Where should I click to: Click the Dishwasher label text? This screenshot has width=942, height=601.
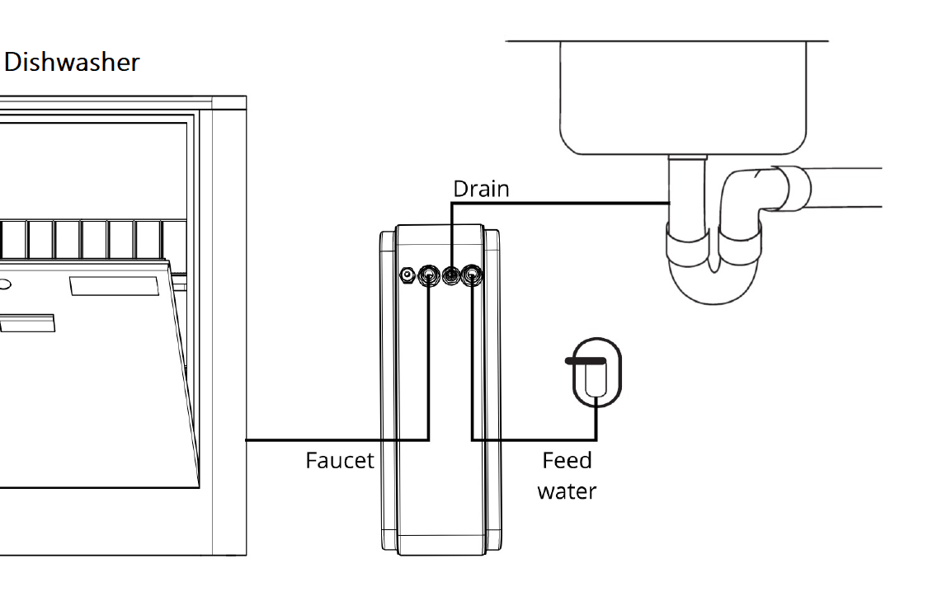[72, 63]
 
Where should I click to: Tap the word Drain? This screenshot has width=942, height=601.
[481, 189]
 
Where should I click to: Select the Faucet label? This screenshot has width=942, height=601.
[339, 461]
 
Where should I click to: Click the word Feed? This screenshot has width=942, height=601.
[567, 461]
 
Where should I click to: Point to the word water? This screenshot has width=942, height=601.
[567, 491]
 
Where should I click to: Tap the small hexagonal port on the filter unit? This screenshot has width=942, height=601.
[407, 275]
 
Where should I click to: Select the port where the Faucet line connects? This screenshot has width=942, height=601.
[428, 275]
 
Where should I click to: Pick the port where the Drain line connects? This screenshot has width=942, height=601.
[451, 275]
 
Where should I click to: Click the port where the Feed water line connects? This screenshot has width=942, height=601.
[473, 275]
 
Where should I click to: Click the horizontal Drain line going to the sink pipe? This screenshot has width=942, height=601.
[561, 204]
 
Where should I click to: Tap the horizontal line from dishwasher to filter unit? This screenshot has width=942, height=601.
[337, 440]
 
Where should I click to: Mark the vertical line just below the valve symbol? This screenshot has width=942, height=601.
[596, 423]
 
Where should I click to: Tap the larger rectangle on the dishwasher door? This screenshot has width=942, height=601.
[114, 286]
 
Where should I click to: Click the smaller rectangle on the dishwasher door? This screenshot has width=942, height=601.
[28, 323]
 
